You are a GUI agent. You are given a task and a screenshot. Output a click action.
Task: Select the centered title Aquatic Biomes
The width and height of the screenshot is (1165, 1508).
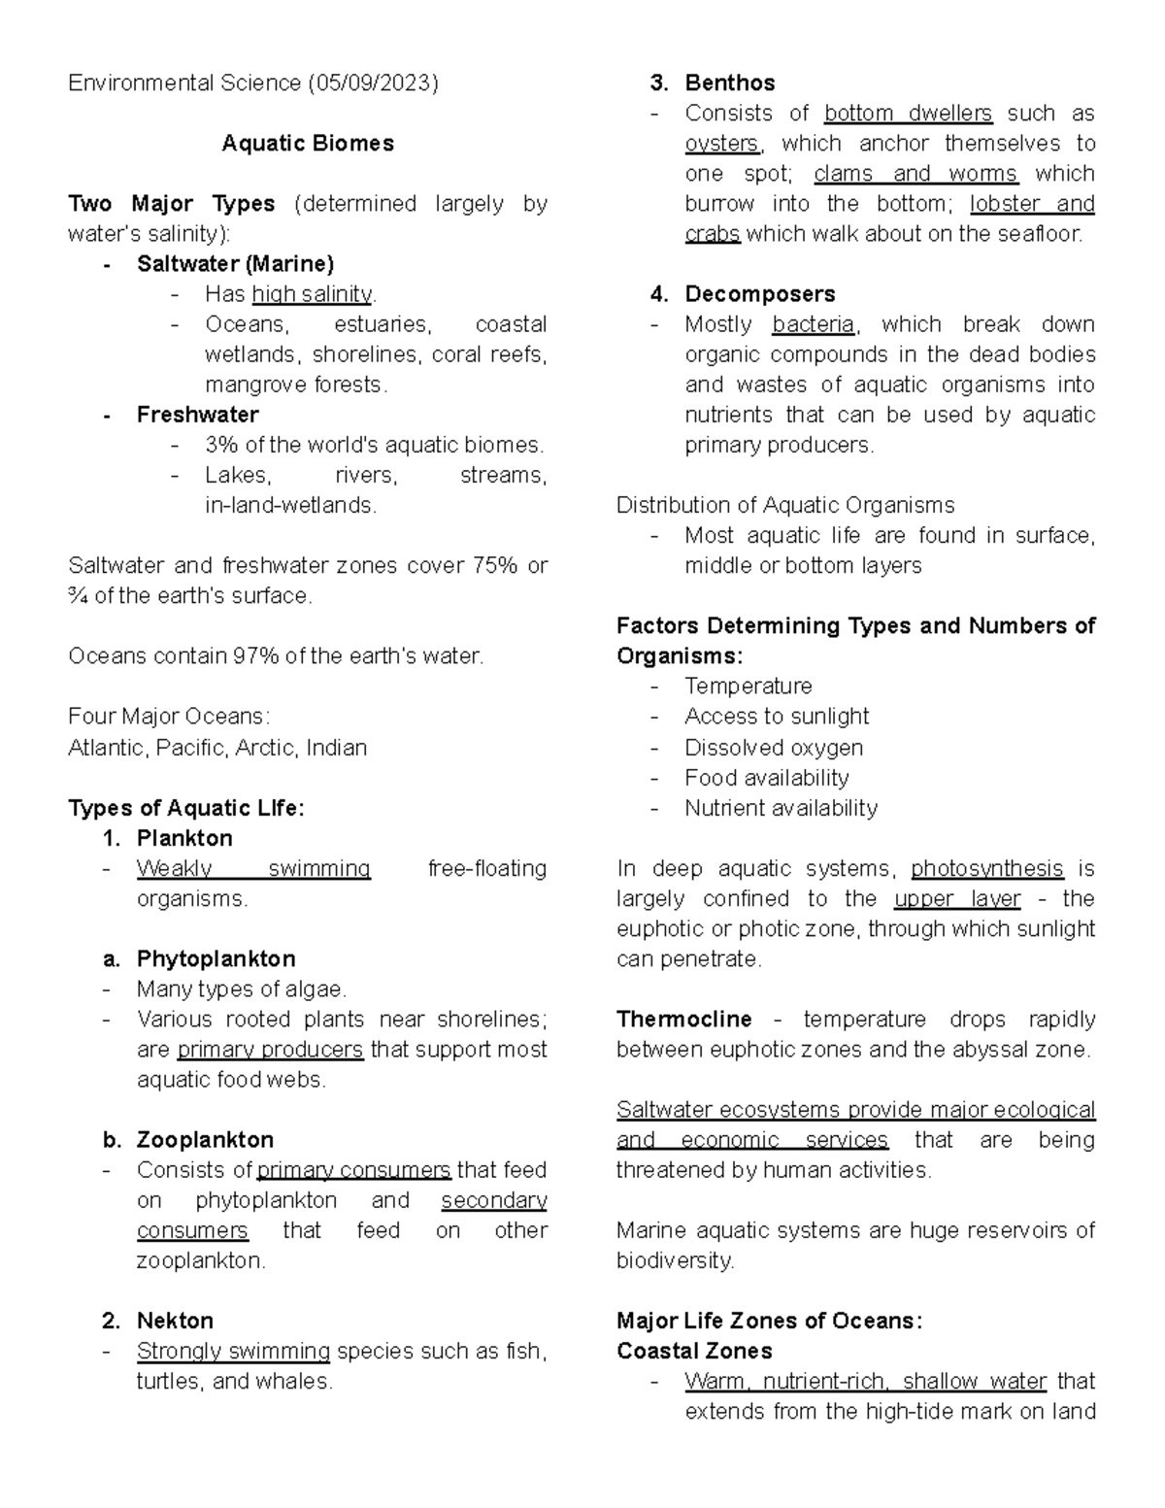click(308, 144)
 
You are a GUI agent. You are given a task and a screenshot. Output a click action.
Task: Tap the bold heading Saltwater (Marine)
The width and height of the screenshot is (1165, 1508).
click(235, 264)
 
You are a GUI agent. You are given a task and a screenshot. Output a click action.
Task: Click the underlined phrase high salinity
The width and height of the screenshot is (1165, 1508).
click(312, 294)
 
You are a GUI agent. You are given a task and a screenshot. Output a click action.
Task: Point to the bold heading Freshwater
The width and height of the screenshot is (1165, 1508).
click(197, 415)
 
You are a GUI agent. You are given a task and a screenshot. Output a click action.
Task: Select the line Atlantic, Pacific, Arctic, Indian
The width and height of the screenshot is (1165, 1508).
click(217, 748)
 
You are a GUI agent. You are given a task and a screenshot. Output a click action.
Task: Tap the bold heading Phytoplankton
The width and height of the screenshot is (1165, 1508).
click(216, 958)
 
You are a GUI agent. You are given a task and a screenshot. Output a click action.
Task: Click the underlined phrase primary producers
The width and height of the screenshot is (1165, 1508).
click(270, 1050)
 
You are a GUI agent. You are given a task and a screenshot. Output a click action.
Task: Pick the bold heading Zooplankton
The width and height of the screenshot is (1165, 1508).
click(205, 1140)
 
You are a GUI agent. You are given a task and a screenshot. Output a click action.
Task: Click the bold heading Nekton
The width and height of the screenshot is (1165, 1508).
click(175, 1321)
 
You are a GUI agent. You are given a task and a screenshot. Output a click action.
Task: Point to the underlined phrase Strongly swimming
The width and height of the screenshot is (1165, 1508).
click(233, 1351)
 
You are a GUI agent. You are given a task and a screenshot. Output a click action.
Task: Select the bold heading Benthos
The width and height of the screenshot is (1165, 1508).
click(729, 84)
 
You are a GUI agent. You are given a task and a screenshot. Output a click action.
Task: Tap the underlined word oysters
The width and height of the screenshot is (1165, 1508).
click(722, 144)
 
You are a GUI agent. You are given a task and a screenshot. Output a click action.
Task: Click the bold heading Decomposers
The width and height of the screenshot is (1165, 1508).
click(759, 294)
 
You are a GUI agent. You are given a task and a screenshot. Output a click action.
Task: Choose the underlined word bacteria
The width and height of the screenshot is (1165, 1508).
click(813, 324)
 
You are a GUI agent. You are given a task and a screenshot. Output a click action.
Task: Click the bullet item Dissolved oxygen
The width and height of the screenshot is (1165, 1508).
click(773, 748)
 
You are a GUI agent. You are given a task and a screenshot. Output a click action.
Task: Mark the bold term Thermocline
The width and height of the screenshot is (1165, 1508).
click(683, 1020)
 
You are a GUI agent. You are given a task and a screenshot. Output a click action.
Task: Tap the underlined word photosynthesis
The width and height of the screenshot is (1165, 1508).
click(986, 868)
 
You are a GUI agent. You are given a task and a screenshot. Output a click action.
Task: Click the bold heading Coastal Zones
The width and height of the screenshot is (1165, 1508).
click(694, 1351)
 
